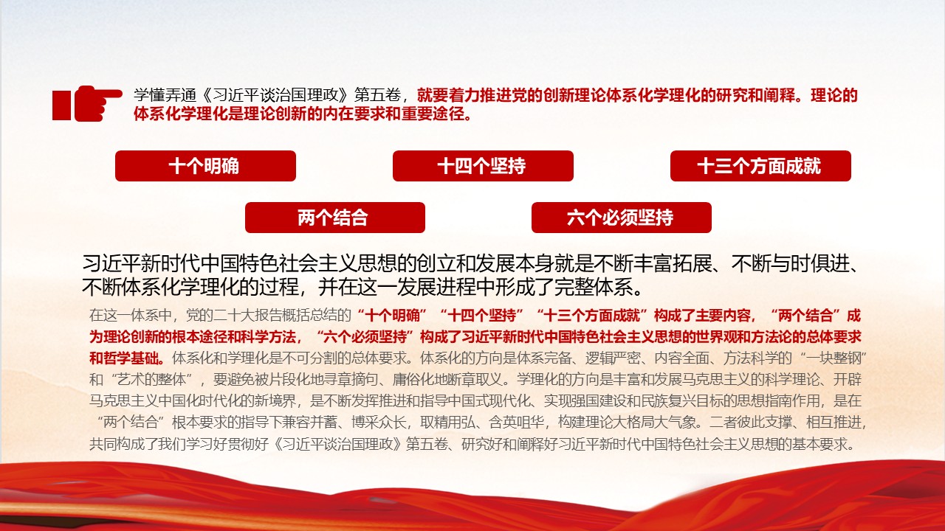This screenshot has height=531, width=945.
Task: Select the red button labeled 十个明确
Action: [x=205, y=166]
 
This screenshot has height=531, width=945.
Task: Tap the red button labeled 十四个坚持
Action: [x=483, y=166]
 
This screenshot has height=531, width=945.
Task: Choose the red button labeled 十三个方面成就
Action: [x=760, y=166]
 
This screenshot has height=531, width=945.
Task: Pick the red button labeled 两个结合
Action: [x=335, y=218]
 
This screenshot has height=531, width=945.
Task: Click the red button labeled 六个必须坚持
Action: [x=622, y=218]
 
